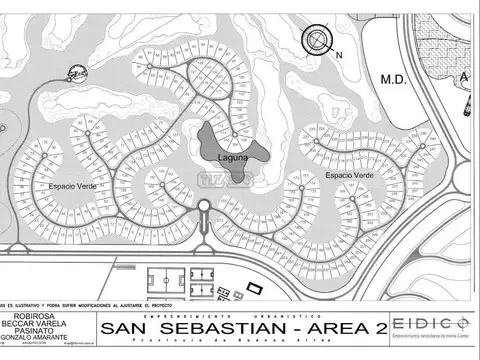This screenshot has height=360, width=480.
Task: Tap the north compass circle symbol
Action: pyautogui.click(x=317, y=41)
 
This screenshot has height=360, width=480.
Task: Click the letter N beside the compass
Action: pyautogui.click(x=339, y=54)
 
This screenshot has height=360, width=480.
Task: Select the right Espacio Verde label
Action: pyautogui.click(x=349, y=175)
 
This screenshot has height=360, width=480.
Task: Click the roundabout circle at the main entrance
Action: pyautogui.click(x=203, y=207)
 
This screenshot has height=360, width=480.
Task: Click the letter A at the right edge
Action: pyautogui.click(x=462, y=77)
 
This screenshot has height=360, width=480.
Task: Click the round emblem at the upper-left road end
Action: pyautogui.click(x=77, y=72)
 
